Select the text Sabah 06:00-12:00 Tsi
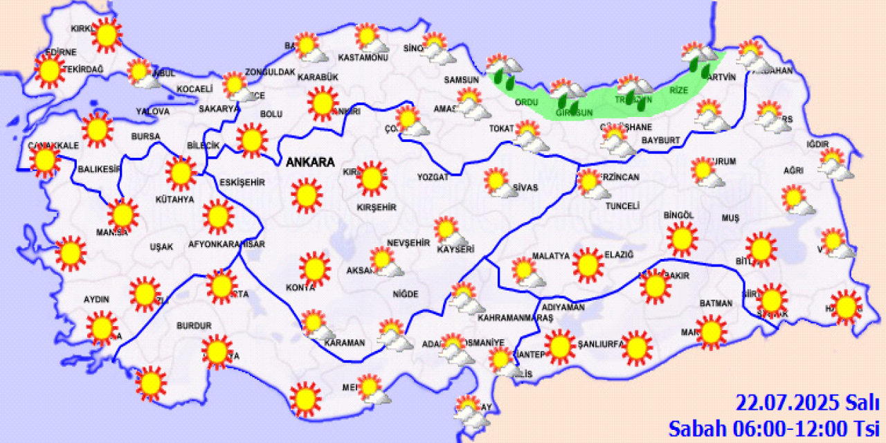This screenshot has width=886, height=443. pos(773,428)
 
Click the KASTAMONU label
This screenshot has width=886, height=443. pos(363,57)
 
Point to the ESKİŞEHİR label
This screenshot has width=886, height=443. pos(242,182)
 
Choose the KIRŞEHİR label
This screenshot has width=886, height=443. pos(376,207)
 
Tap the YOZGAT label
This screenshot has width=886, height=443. pos(433,177)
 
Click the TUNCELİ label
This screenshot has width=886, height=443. pos(622,206)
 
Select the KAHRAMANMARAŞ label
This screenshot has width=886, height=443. pos(516,318)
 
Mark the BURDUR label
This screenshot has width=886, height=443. pos(193,325)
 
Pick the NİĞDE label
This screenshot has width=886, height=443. pos(406,294)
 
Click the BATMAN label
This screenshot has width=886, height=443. pos(715,303)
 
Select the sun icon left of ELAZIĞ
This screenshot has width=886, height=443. pos(588,264)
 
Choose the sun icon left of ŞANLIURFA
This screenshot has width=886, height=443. pos(560,347)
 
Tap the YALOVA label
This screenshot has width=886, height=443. pos(153,111)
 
